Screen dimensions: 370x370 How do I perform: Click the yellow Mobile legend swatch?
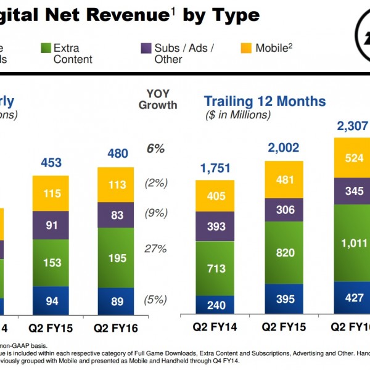(x=245, y=48)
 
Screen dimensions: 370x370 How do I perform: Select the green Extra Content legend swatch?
(x=44, y=48)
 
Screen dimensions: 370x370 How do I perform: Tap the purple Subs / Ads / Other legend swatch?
(x=146, y=48)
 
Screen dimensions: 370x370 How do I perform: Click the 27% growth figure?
(x=156, y=249)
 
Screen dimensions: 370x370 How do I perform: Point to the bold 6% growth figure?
(x=155, y=149)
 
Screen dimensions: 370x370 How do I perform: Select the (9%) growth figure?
(x=155, y=214)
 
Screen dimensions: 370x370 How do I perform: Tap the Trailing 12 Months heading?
(x=265, y=101)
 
